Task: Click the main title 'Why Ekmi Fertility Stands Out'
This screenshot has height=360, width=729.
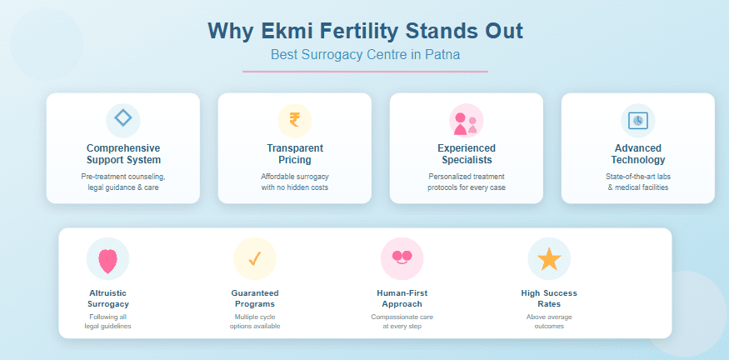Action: [x=365, y=31]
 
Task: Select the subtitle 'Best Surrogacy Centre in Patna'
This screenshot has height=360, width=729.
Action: [x=365, y=55]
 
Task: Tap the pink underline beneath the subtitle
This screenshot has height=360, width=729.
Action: [x=365, y=72]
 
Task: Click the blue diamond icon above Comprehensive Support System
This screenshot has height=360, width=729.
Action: [x=122, y=119]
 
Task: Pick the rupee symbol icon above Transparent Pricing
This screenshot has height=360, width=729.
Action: [x=294, y=120]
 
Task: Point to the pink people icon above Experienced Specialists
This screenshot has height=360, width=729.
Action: [x=466, y=120]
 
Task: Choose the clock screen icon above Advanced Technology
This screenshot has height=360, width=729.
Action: [x=637, y=120]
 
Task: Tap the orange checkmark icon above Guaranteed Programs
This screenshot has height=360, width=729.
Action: [x=255, y=259]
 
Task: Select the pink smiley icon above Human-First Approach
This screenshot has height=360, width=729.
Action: [x=402, y=258]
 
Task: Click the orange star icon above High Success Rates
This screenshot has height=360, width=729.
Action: [x=549, y=259]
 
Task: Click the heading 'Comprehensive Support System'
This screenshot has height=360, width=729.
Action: [x=123, y=154]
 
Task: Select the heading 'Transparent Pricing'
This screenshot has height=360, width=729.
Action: [x=295, y=154]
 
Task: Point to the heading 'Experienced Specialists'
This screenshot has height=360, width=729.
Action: [x=467, y=154]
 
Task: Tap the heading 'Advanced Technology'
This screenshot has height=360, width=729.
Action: [x=637, y=154]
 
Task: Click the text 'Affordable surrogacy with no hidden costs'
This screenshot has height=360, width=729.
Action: [x=295, y=182]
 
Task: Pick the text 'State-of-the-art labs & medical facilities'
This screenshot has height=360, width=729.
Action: [x=637, y=182]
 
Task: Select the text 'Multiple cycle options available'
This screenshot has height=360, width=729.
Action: [x=255, y=322]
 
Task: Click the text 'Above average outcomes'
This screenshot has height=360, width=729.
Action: [x=549, y=322]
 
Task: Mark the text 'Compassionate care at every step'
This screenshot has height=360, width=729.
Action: [x=402, y=322]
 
